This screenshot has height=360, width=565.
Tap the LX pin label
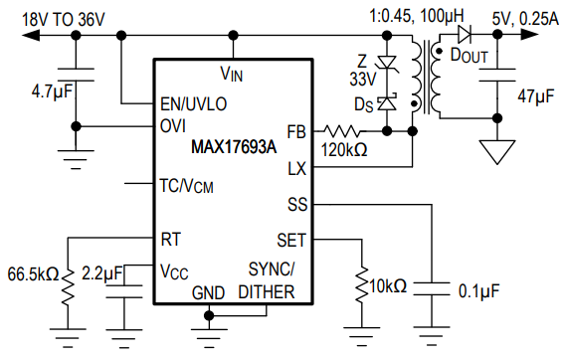(x=295, y=169)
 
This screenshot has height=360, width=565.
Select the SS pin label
(x=296, y=205)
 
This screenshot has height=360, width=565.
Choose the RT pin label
(x=171, y=240)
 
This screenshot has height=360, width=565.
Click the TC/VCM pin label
(x=186, y=185)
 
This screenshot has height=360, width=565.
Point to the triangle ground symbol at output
(x=494, y=150)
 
